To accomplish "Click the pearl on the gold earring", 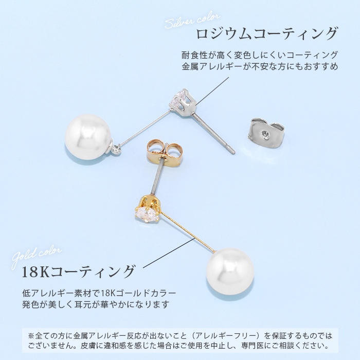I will pos(230,272).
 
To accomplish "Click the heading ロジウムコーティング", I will pos(267,34).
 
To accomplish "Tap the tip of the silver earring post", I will pos(232,152).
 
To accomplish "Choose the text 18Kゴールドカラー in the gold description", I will pos(137,293).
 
